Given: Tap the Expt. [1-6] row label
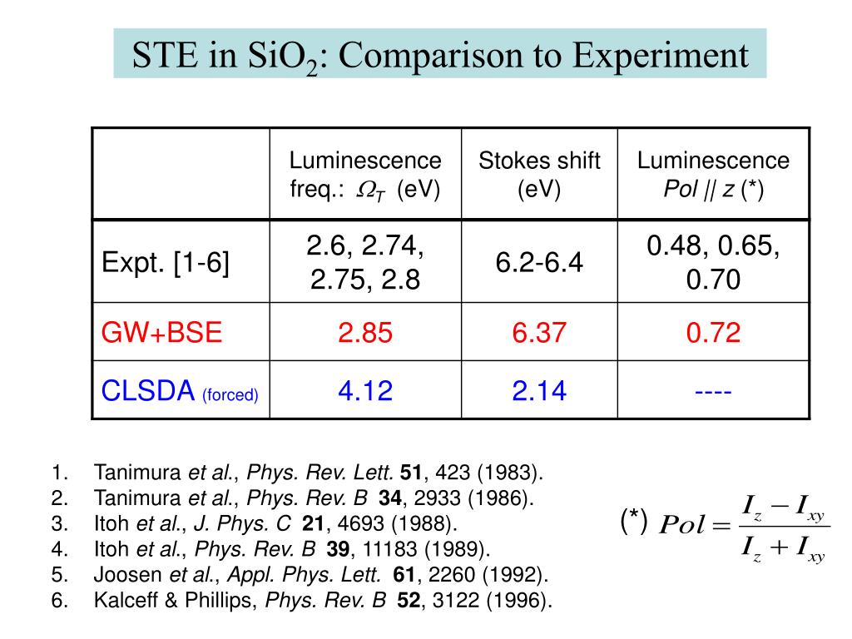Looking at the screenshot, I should point(166,264).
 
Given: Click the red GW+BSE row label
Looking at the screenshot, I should point(162,333).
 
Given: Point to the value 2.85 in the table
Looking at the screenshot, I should point(365,333).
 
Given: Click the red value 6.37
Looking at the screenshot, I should point(539,333).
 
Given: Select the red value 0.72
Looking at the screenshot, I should point(713,333).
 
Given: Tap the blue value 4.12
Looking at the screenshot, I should point(365,390).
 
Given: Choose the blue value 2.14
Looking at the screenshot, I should point(539,390).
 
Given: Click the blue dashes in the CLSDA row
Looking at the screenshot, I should point(713,390).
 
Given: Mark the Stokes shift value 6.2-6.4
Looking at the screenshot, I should point(539,264).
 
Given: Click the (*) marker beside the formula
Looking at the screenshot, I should point(634,521).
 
